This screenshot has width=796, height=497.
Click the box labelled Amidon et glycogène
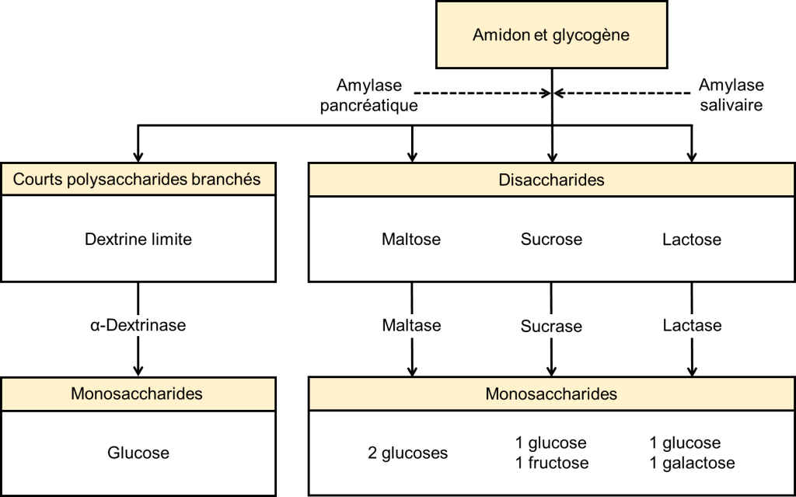(551, 35)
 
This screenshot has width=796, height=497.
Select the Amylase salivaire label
(731, 95)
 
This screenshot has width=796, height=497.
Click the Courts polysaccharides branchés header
(138, 180)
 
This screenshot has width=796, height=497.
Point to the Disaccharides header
(551, 180)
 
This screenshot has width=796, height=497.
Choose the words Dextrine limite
(138, 240)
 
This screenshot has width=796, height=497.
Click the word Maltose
(411, 240)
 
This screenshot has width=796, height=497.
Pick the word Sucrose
(551, 240)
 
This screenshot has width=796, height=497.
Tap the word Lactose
(692, 240)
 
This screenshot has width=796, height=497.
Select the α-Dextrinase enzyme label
(138, 325)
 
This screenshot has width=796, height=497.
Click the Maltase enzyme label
(411, 325)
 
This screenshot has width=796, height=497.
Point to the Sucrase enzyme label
(551, 326)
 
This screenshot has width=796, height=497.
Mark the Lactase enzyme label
(692, 325)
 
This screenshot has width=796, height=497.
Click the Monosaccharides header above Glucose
(138, 394)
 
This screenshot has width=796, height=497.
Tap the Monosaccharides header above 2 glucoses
(551, 394)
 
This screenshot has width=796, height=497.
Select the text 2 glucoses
(408, 453)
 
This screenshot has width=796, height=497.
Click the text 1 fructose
(551, 464)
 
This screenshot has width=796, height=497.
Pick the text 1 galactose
(692, 464)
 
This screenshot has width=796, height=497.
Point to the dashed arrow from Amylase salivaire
(622, 94)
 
